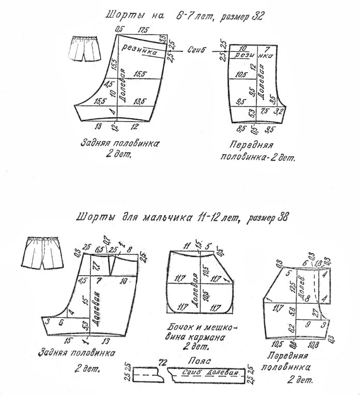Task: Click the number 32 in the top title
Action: tap(257, 16)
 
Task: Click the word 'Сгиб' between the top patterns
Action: tap(197, 50)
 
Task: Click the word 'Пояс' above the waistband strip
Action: tap(199, 361)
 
